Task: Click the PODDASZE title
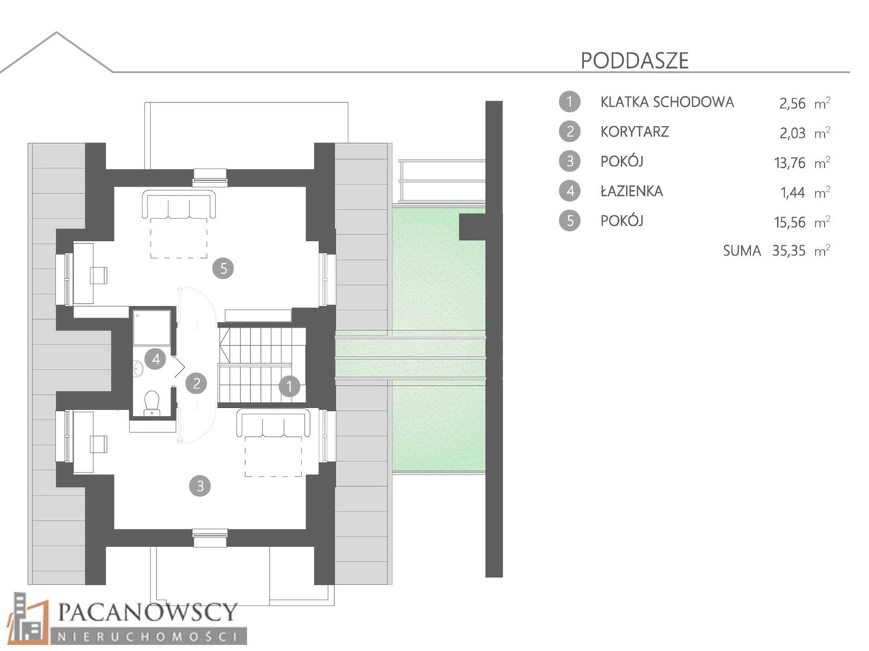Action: click(634, 61)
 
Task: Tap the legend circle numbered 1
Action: click(569, 102)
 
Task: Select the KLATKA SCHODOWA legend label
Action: click(667, 102)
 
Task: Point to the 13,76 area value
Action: click(789, 163)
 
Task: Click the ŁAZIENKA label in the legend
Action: click(631, 191)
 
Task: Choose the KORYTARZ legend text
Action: click(634, 132)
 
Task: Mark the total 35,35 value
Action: click(789, 251)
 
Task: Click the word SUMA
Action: click(742, 251)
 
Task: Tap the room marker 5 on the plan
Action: click(223, 268)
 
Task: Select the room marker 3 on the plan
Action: click(200, 485)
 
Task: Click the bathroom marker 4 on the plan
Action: click(155, 359)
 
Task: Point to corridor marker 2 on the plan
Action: click(196, 383)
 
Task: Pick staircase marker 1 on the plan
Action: click(289, 386)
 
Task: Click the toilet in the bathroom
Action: click(152, 403)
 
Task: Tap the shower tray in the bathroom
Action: click(152, 328)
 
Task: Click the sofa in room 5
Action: click(179, 204)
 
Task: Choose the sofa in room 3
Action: click(273, 424)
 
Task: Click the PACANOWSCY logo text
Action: click(147, 612)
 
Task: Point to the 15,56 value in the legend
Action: click(789, 223)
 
